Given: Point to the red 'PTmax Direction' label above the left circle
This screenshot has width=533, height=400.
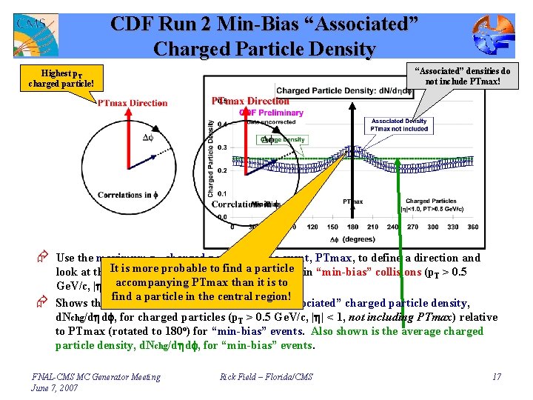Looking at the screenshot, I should click(133, 103).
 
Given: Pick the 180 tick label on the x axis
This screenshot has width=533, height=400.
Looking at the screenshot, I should click(352, 227).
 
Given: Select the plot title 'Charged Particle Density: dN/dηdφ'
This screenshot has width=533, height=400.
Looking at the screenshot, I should click(344, 91).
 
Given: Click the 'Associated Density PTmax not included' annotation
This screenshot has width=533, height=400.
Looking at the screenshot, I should click(399, 124).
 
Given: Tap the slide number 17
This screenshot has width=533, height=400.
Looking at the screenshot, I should click(496, 378).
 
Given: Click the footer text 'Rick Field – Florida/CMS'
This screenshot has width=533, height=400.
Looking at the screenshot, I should click(266, 378).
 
